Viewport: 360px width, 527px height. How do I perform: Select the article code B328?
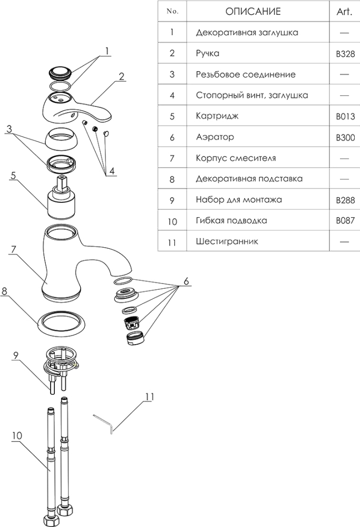tap(345, 54)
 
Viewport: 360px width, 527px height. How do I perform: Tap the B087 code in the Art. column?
tap(345, 221)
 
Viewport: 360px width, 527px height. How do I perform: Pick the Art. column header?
tap(345, 12)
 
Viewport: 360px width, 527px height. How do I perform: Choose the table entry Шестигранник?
tap(221, 242)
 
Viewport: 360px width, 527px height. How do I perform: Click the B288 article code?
tap(345, 200)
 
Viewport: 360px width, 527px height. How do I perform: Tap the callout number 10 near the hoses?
tap(16, 436)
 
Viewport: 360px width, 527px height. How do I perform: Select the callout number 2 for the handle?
tap(122, 76)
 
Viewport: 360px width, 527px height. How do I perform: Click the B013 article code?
tap(345, 116)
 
